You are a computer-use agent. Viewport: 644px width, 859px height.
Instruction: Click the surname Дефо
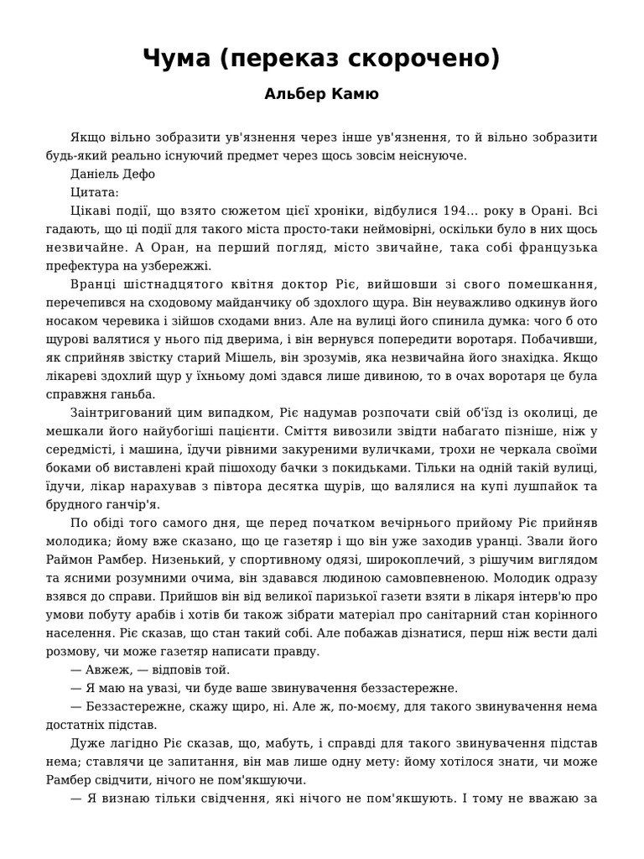coord(139,174)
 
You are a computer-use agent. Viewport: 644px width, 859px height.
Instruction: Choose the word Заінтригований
coord(122,413)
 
